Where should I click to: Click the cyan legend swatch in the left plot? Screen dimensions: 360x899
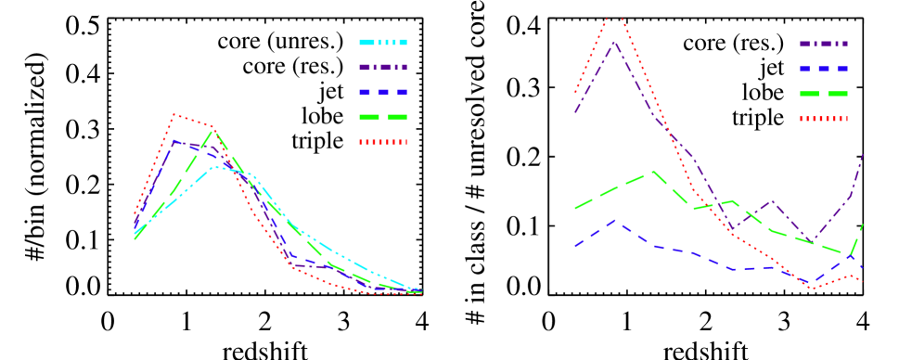pyautogui.click(x=382, y=43)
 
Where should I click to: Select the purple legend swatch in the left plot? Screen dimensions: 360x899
pyautogui.click(x=382, y=68)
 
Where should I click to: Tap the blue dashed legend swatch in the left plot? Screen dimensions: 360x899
pyautogui.click(x=382, y=93)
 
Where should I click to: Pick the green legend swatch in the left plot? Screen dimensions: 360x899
pyautogui.click(x=382, y=118)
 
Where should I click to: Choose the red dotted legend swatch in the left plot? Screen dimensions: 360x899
pyautogui.click(x=382, y=142)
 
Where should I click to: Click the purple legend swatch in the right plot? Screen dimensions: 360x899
pyautogui.click(x=823, y=44)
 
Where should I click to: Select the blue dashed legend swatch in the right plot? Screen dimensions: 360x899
pyautogui.click(x=823, y=69)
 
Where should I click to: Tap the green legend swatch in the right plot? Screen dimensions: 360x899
pyautogui.click(x=823, y=94)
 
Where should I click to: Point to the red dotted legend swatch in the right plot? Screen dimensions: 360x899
pyautogui.click(x=823, y=119)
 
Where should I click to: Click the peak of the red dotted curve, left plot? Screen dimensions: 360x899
pyautogui.click(x=173, y=115)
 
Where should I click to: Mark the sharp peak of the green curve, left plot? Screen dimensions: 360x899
pyautogui.click(x=212, y=130)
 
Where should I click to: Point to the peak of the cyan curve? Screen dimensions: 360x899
pyautogui.click(x=215, y=167)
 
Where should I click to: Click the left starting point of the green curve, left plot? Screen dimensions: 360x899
pyautogui.click(x=135, y=238)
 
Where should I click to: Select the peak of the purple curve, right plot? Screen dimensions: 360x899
pyautogui.click(x=614, y=42)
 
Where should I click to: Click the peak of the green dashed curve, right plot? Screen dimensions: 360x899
pyautogui.click(x=653, y=171)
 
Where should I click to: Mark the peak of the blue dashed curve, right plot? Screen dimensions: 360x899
pyautogui.click(x=614, y=222)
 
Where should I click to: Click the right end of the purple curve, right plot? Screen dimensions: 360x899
pyautogui.click(x=863, y=153)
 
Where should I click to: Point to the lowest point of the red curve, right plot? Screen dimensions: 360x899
pyautogui.click(x=812, y=289)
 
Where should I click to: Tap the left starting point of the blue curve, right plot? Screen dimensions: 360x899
pyautogui.click(x=575, y=246)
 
